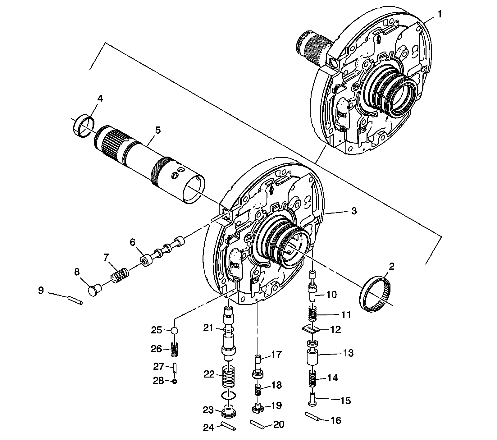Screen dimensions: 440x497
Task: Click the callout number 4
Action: (x=100, y=99)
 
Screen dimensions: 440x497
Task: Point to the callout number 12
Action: (x=336, y=329)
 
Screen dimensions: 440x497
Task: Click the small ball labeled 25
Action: (x=175, y=330)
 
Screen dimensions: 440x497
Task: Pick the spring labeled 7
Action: (x=120, y=275)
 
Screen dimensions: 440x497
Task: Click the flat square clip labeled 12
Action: (x=311, y=329)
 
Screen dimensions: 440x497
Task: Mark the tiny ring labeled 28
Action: (x=175, y=381)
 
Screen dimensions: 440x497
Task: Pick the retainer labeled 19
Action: (x=257, y=407)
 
